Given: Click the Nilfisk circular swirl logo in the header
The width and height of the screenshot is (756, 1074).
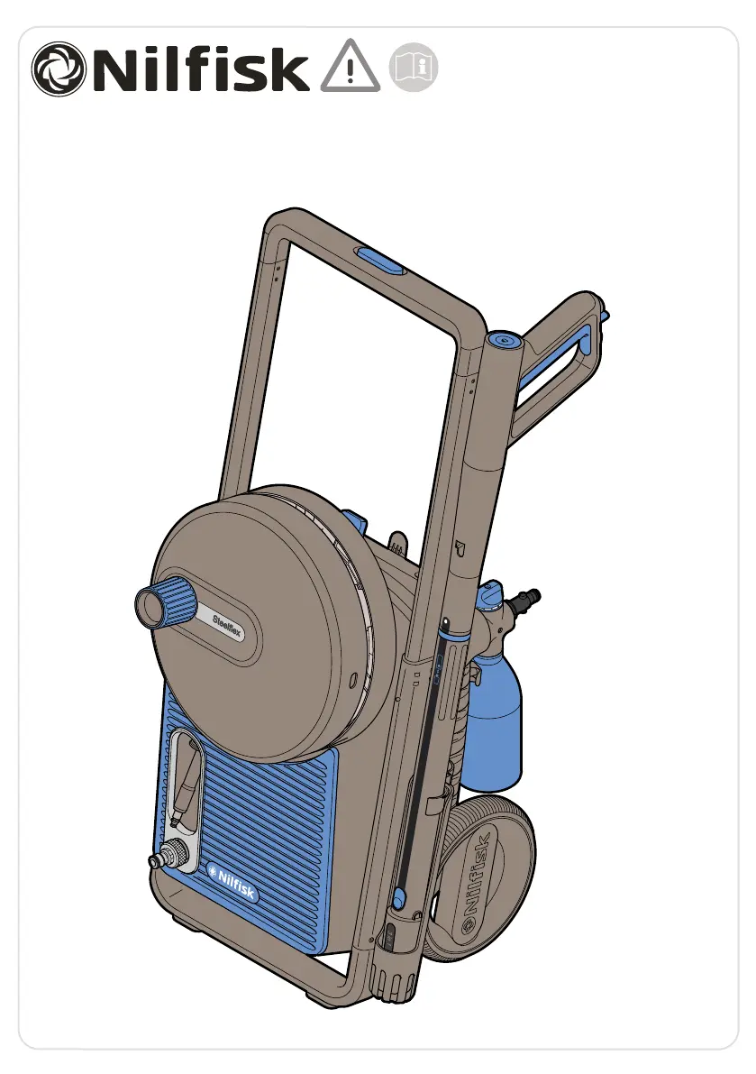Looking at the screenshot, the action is [x=59, y=68].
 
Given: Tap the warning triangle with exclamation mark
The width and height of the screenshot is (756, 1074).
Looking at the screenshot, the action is [x=350, y=67].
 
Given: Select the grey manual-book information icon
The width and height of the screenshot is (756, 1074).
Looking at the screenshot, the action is [x=414, y=67].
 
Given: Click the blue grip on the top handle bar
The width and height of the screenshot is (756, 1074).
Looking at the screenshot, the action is [x=380, y=261].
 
